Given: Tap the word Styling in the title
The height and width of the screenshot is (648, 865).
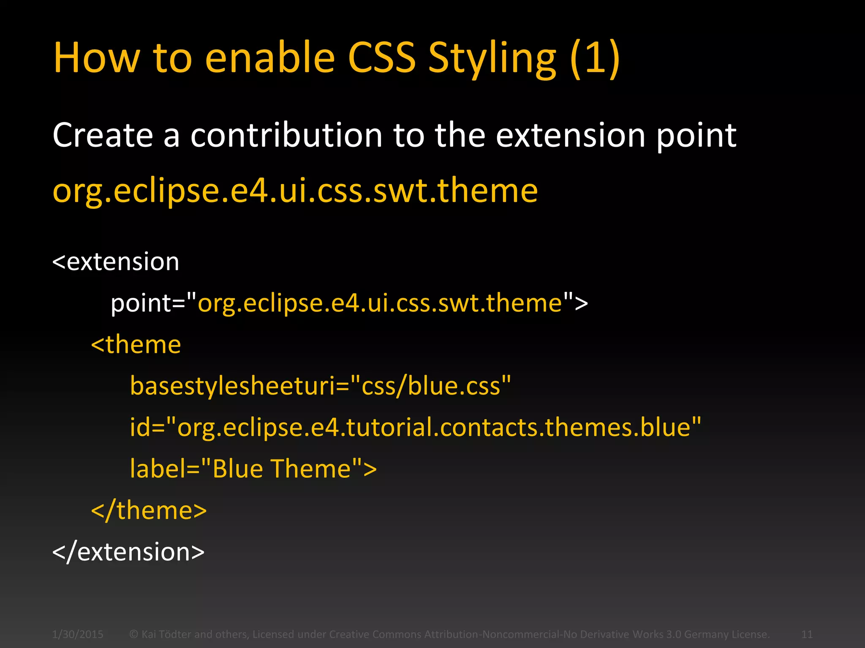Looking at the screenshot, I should [x=492, y=59].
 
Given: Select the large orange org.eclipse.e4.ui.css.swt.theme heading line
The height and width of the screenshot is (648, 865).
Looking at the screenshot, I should [x=295, y=191].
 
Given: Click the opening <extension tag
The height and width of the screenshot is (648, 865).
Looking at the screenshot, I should [x=116, y=262].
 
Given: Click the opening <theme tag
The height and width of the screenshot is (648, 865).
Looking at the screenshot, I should [x=136, y=345].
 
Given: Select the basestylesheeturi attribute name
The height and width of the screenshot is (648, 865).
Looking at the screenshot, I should [x=232, y=386].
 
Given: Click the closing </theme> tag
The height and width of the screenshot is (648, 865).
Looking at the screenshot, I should [x=149, y=510].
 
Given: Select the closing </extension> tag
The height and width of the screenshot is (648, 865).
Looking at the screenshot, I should [x=128, y=552].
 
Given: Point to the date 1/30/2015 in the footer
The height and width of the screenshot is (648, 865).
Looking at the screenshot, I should [x=78, y=634].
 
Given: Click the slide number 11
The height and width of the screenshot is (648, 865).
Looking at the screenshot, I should [x=807, y=634].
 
